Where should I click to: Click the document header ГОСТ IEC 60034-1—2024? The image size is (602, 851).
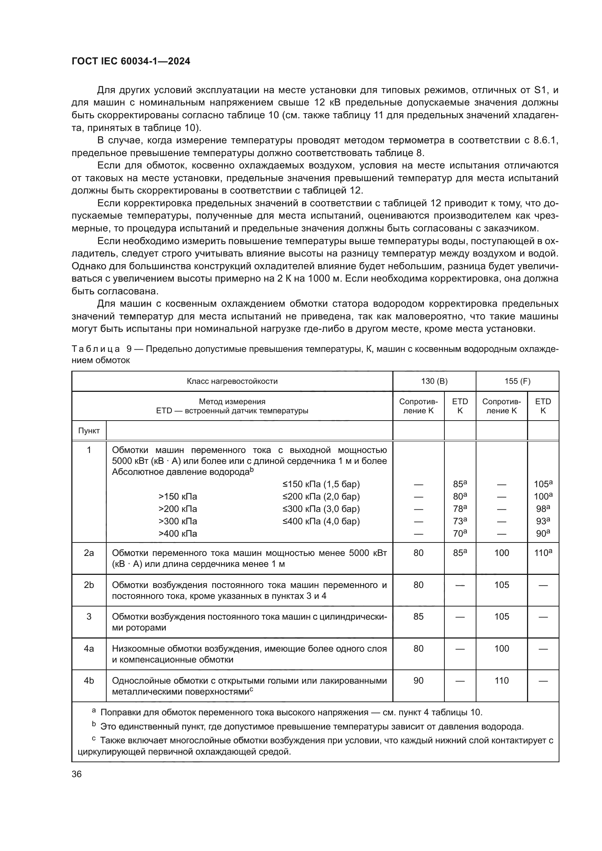click(x=131, y=61)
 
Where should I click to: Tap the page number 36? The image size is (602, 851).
click(x=77, y=774)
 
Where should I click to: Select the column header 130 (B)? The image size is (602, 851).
click(x=434, y=381)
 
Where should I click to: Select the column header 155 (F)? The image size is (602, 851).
click(x=517, y=381)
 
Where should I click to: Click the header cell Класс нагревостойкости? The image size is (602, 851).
click(x=232, y=381)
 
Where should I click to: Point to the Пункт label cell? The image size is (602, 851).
click(x=89, y=431)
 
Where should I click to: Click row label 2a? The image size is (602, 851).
click(x=89, y=553)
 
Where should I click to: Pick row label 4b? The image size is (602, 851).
click(x=89, y=680)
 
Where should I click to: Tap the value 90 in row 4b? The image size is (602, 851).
click(x=419, y=680)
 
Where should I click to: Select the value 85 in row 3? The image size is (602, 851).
click(x=419, y=616)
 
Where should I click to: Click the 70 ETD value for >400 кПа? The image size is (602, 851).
click(x=460, y=534)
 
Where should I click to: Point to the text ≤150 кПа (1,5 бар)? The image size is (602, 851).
click(x=321, y=484)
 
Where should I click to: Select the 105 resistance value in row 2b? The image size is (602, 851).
click(x=502, y=585)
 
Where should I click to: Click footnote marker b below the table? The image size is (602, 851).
click(x=94, y=724)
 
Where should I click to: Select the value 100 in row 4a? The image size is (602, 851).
click(x=502, y=649)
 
